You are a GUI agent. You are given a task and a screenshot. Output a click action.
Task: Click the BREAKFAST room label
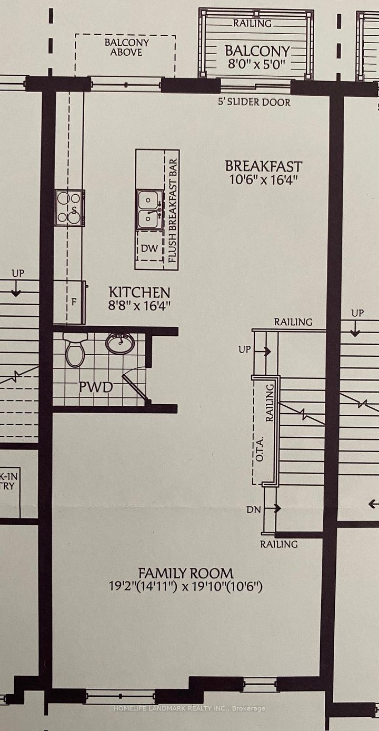263,166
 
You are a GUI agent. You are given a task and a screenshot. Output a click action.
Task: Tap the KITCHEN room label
139,292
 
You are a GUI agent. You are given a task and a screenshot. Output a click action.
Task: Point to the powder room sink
120,343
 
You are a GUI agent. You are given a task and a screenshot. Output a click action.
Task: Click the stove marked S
69,208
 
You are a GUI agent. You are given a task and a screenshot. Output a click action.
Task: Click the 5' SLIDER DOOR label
254,102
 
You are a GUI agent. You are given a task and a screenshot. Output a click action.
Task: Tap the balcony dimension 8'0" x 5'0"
256,63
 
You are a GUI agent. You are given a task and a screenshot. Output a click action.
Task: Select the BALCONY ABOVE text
127,47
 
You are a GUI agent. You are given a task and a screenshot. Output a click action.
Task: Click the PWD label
96,387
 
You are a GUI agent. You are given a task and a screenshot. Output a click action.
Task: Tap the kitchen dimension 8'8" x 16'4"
139,306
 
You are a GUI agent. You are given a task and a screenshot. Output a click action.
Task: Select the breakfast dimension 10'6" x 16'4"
264,179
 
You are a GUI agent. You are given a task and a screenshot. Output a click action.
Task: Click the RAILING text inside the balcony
252,24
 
